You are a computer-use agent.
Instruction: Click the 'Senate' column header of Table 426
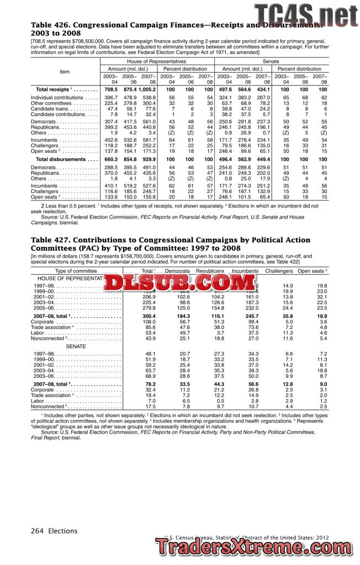[271, 61]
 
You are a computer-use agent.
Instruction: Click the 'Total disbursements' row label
[63, 159]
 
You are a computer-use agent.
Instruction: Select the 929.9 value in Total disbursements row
[149, 159]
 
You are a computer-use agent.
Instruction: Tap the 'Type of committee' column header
[76, 271]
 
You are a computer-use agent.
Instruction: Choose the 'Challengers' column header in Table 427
[279, 271]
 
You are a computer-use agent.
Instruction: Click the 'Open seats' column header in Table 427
[313, 271]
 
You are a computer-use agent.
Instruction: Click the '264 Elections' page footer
[54, 531]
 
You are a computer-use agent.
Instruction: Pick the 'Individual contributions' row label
[64, 97]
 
